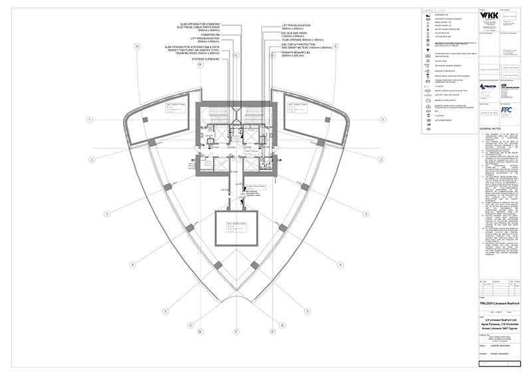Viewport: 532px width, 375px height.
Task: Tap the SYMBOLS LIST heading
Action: [x=442, y=11]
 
